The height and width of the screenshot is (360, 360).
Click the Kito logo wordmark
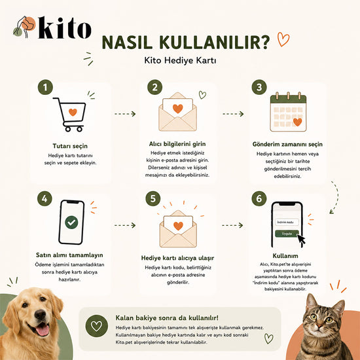[x=65, y=27]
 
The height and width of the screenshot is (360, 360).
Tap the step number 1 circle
[x=45, y=87]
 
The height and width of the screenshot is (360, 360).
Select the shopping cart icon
[x=69, y=115]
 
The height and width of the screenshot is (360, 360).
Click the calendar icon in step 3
[x=288, y=112]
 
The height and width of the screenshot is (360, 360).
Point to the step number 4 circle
[x=45, y=198]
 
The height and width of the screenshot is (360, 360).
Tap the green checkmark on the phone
[x=71, y=223]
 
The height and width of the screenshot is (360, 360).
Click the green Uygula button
[x=287, y=234]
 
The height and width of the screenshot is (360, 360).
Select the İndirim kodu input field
[x=287, y=223]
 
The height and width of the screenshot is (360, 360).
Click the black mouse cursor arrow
[x=301, y=240]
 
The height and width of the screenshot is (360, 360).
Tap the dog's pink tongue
[x=43, y=330]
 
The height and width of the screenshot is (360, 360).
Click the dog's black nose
[x=41, y=315]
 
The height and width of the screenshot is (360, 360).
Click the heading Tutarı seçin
[x=70, y=146]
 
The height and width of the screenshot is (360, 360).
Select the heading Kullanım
[x=285, y=256]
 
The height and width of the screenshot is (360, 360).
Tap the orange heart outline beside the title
[x=283, y=39]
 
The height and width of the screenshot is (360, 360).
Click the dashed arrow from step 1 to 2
[x=125, y=114]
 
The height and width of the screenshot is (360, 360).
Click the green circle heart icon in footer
[x=96, y=326]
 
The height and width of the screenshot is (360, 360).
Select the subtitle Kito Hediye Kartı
[x=180, y=61]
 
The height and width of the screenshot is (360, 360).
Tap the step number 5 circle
[x=153, y=198]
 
